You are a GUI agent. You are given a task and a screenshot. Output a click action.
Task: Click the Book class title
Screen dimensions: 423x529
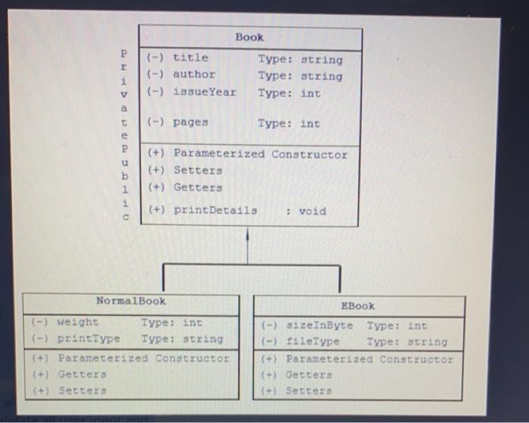pos(249,36)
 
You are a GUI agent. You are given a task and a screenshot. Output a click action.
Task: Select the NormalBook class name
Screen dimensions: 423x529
pos(131,301)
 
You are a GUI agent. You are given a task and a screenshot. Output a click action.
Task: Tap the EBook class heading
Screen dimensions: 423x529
pos(357,305)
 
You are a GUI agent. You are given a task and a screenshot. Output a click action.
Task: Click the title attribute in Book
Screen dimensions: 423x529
pos(190,57)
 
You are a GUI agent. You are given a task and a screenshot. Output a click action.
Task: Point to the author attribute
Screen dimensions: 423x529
pos(193,74)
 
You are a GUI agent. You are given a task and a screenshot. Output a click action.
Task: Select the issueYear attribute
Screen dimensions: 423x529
pos(204,92)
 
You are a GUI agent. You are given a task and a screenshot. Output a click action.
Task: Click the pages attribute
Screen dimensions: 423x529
pos(190,122)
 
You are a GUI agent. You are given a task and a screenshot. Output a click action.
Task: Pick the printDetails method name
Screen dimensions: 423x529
pos(215,210)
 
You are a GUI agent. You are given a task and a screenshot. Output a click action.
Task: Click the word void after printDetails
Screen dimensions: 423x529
pos(312,211)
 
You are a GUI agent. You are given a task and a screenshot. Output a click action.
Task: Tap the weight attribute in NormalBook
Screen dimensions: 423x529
pos(78,323)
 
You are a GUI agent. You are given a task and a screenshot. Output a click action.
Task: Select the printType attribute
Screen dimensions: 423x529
pos(88,338)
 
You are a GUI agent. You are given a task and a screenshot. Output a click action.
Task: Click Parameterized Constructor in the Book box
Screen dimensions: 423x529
pos(260,154)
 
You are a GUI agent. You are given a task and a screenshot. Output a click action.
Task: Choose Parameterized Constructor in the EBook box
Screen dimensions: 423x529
pos(370,359)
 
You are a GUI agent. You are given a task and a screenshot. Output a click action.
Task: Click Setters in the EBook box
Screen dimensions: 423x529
pos(308,391)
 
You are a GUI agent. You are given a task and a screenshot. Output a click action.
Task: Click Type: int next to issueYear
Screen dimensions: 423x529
pos(289,93)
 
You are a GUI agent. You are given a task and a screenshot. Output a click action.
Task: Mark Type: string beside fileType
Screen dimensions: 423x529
pos(407,341)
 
